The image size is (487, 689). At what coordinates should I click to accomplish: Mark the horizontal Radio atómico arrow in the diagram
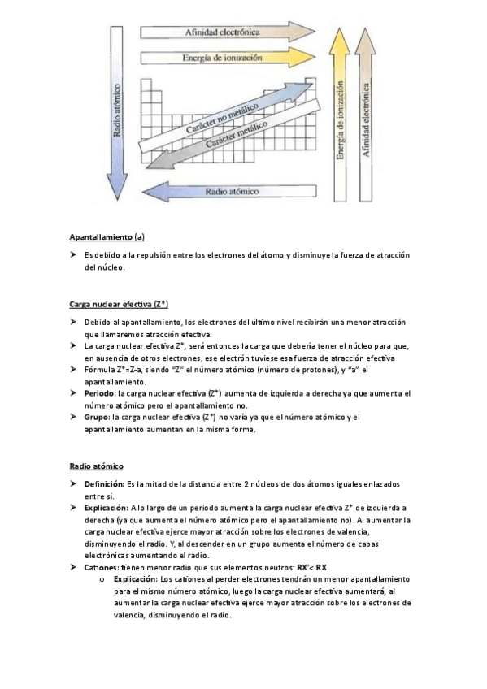tap(232, 192)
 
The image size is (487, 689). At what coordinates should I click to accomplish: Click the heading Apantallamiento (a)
tap(107, 237)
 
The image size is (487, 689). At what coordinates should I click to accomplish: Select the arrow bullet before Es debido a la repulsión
tap(73, 255)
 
